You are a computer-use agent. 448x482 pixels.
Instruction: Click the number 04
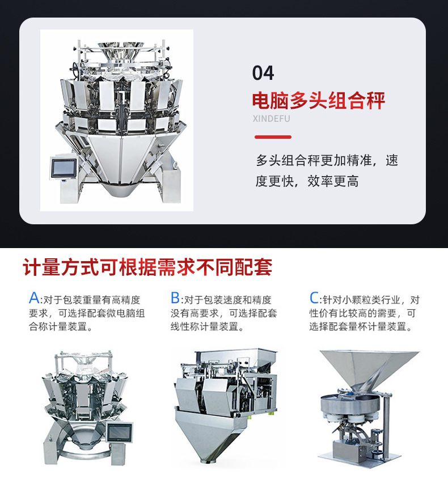pos(263,73)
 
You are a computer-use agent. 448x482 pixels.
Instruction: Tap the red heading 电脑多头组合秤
pos(319,100)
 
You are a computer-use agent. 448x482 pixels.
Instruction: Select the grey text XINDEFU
pos(271,118)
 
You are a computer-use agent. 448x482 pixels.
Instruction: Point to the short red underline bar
pos(273,137)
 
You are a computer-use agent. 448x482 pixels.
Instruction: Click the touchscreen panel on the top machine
pos(64,168)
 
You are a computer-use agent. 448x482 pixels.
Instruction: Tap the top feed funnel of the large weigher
pos(121,51)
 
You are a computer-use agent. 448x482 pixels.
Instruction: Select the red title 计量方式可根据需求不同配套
pos(147,267)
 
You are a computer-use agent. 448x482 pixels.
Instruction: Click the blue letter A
pos(34,297)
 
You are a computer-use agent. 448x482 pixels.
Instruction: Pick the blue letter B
pos(175,297)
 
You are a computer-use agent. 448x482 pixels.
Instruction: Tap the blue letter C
pos(314,297)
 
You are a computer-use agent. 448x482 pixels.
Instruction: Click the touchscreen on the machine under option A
pos(120,433)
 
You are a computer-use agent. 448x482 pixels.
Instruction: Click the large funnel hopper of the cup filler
pos(369,369)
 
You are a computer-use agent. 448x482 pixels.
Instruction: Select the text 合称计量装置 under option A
pos(58,326)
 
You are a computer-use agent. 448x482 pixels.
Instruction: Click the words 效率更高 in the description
pos(333,181)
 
